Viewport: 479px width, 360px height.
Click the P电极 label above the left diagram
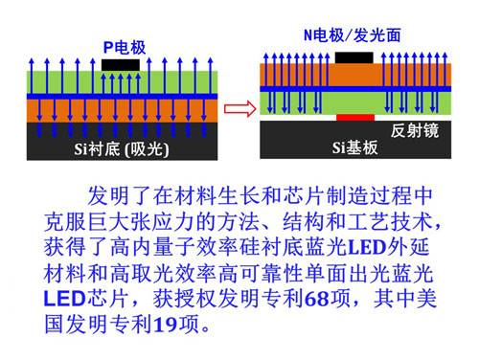coord(125,46)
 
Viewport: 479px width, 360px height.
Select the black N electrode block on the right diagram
coord(354,56)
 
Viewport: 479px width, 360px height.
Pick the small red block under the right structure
coord(354,118)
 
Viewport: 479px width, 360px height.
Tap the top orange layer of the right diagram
coord(297,72)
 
